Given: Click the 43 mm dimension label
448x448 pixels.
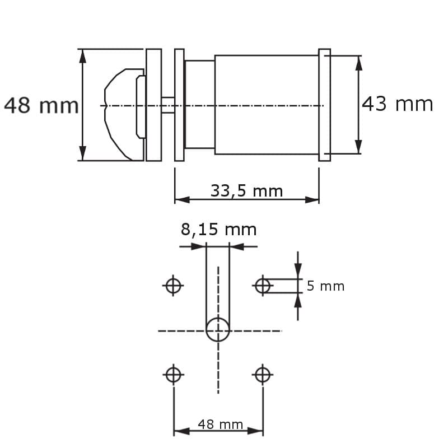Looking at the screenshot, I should pyautogui.click(x=397, y=104).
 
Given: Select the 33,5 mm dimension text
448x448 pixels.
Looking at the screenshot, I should pyautogui.click(x=246, y=191).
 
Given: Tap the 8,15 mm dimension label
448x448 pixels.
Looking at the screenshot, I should pyautogui.click(x=218, y=229).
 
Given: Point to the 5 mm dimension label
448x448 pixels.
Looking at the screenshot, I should pyautogui.click(x=325, y=286).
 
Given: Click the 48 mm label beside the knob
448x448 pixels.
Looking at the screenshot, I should pyautogui.click(x=41, y=105).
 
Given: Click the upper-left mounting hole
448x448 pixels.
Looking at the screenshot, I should pyautogui.click(x=174, y=286).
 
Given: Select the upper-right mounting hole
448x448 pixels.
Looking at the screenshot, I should pyautogui.click(x=263, y=286).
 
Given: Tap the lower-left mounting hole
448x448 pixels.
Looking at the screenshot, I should pyautogui.click(x=174, y=374).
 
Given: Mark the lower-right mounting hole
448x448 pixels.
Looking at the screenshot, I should pyautogui.click(x=263, y=374).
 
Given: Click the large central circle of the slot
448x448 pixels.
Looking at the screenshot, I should pyautogui.click(x=218, y=330).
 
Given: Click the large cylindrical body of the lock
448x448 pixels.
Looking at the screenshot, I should pyautogui.click(x=266, y=105).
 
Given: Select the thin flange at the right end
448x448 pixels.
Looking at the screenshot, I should pyautogui.click(x=324, y=105).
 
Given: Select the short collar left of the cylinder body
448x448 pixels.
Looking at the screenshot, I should pyautogui.click(x=199, y=105).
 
